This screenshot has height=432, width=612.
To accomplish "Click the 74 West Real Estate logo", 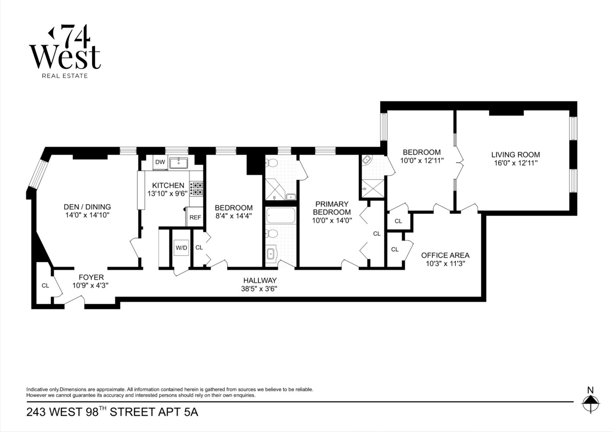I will point(65,52).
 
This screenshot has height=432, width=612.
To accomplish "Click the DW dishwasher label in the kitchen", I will point(160,162).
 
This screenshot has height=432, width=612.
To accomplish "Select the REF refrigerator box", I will point(195,217).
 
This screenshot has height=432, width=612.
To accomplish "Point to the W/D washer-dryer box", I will point(181,248).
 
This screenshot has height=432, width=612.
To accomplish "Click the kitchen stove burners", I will point(197,189).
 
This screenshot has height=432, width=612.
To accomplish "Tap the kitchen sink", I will point(178,163).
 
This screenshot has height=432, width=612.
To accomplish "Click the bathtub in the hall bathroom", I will point(280,215).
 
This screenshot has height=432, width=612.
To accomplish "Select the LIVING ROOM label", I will point(515,155).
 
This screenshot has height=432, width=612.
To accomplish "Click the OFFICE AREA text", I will point(445,255).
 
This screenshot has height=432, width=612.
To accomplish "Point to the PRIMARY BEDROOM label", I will point(332,208).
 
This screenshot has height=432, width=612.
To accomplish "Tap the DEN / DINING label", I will point(87,207).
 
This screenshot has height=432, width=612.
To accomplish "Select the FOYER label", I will point(91,277).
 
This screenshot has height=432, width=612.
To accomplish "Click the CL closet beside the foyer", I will point(45,286).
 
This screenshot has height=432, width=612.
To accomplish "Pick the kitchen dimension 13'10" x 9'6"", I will point(168,194).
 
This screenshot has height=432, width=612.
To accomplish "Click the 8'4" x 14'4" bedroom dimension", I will point(233,216).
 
